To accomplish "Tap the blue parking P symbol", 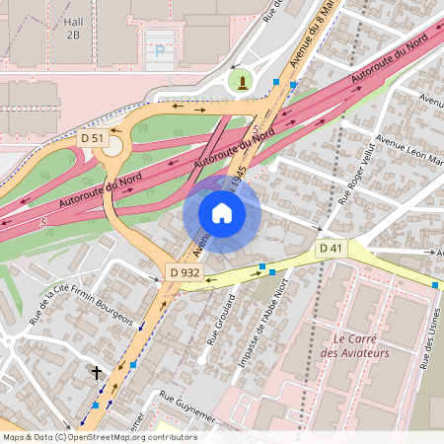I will pos(158,50).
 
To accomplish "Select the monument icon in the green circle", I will pos(240,81).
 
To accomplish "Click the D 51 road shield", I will pos(93,138).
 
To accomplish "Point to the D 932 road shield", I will pos(185,271).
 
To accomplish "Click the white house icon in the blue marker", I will pos(222,212).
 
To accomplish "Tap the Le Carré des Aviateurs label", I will pos(356,345).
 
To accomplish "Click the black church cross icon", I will pos(97,373).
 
